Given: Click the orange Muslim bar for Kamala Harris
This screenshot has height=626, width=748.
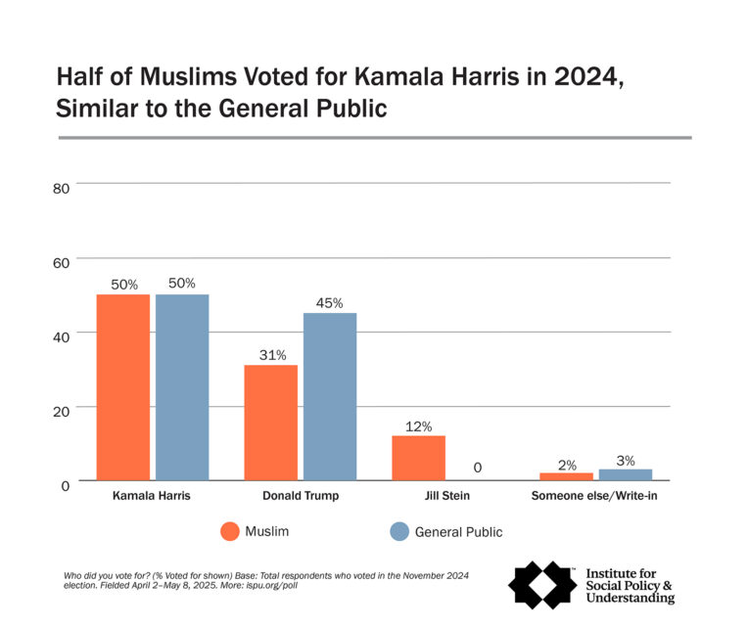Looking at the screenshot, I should click(x=122, y=386).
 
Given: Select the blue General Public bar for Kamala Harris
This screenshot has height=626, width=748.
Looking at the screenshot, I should click(x=182, y=386).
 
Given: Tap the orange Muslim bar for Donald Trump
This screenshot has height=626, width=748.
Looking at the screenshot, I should click(x=270, y=422).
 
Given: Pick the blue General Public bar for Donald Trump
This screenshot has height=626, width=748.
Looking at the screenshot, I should click(x=330, y=396).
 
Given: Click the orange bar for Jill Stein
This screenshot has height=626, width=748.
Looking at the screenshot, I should click(x=418, y=457).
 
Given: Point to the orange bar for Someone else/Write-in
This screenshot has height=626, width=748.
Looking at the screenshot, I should click(x=566, y=476).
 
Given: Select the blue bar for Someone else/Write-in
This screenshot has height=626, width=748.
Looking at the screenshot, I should click(x=626, y=474).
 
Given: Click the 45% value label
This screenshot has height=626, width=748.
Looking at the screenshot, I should click(x=330, y=303).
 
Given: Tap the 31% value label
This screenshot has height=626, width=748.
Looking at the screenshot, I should click(x=270, y=354).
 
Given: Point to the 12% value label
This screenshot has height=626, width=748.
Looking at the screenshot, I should click(x=418, y=425).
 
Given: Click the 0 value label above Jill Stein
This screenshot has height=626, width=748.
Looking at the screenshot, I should click(x=478, y=468).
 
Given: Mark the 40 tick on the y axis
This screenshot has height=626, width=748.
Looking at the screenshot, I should click(x=61, y=335).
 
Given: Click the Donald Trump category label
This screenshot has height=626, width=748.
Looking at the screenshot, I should click(x=301, y=496).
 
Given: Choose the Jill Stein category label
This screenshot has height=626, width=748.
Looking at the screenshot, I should click(x=447, y=496).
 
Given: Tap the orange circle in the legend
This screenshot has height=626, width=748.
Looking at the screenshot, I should click(x=230, y=532).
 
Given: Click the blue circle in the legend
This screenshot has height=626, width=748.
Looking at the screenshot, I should click(x=398, y=532).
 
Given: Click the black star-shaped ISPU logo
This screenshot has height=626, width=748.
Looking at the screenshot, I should click(x=542, y=585).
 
